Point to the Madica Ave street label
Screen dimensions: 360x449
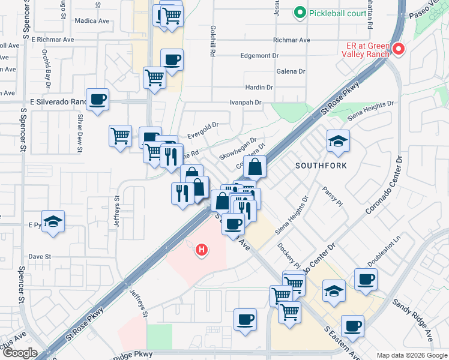pyautogui.click(x=92, y=20)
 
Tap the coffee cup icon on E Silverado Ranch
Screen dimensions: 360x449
pyautogui.click(x=97, y=100)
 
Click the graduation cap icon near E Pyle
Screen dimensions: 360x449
pyautogui.click(x=53, y=221)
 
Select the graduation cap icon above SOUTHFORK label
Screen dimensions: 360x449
pyautogui.click(x=338, y=142)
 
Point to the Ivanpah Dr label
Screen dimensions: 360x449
pyautogui.click(x=246, y=103)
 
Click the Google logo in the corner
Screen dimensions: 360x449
pyautogui.click(x=19, y=353)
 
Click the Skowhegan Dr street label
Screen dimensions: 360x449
pyautogui.click(x=238, y=148)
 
